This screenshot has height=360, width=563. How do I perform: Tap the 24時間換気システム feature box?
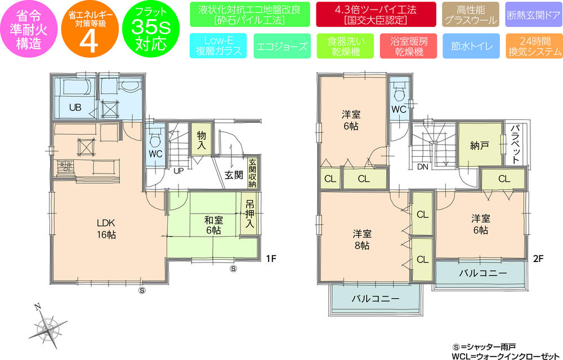[534, 47]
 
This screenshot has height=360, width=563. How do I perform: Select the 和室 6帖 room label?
[213, 225]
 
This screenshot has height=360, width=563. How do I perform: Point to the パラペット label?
[516, 144]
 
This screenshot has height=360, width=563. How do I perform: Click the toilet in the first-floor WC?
[155, 134]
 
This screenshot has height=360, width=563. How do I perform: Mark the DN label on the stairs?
[422, 167]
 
